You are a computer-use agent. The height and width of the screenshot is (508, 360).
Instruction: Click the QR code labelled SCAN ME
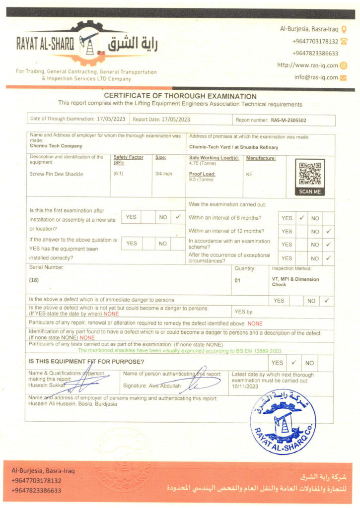[310, 174]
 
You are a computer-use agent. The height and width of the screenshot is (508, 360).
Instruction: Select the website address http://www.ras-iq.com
[307, 65]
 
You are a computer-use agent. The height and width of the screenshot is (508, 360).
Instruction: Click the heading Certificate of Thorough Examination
[180, 96]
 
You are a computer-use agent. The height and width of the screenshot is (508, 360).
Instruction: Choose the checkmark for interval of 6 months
[301, 218]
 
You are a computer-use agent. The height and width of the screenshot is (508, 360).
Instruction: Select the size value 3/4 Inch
[163, 174]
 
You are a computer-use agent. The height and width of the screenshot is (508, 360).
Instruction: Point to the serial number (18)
[34, 280]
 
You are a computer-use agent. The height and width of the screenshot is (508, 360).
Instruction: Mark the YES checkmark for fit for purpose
[294, 363]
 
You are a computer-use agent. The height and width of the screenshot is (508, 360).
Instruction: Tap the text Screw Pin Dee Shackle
[56, 174]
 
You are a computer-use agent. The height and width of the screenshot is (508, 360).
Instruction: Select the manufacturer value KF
[249, 174]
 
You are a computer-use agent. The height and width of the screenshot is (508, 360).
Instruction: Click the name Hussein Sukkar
[44, 385]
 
